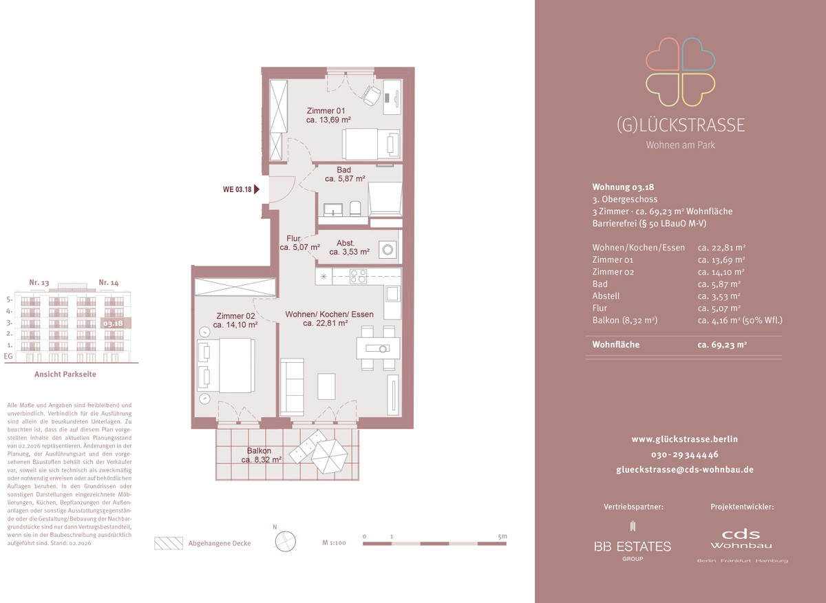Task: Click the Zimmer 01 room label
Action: [326, 111]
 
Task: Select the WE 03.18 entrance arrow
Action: [257, 189]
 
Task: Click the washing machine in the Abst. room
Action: [388, 250]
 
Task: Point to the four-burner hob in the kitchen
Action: [359, 276]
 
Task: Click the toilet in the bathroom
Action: [354, 209]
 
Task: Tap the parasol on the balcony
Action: [329, 456]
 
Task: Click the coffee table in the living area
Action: [326, 386]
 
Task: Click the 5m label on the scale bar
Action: [502, 536]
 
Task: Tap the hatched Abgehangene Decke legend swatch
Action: [169, 543]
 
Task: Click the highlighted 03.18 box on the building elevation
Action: [116, 324]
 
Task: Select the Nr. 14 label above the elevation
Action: [109, 283]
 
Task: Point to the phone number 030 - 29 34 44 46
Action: [685, 455]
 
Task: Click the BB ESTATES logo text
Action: [633, 547]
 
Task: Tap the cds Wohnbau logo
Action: [741, 540]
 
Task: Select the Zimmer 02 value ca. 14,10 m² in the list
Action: [721, 272]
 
